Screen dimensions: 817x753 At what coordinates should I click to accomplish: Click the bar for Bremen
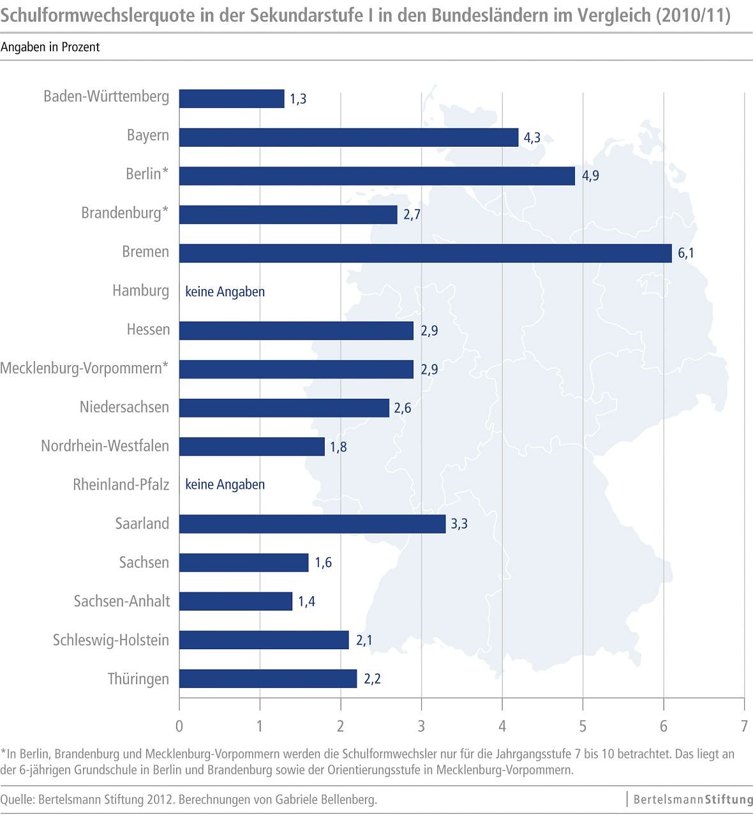tap(425, 253)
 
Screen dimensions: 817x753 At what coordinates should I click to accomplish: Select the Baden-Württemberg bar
tap(232, 99)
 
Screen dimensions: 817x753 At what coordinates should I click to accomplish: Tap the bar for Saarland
tap(312, 524)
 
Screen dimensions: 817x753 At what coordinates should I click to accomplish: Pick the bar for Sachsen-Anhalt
tap(235, 601)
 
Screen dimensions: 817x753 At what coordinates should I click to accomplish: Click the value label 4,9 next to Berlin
tap(590, 176)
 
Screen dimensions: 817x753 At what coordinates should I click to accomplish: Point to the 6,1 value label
tap(686, 253)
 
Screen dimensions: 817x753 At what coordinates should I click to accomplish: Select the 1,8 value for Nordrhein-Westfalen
tap(338, 447)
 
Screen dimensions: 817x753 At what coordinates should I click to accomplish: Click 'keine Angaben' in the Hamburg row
tap(225, 292)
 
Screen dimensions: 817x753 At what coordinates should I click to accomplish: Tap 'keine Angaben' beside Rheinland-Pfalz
tap(225, 484)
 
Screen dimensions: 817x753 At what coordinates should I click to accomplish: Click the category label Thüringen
tap(138, 678)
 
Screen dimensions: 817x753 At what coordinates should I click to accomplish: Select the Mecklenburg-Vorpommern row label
tap(84, 368)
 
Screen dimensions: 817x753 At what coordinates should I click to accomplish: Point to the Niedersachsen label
tap(124, 407)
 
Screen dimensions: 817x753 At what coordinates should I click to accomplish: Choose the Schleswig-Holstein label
tap(111, 640)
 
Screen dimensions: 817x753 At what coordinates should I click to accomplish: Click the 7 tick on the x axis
tap(744, 726)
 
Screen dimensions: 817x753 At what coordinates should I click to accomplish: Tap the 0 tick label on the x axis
tap(179, 726)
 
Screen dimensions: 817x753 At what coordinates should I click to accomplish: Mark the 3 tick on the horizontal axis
tap(421, 726)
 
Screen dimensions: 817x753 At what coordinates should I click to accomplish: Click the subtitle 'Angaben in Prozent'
tap(50, 47)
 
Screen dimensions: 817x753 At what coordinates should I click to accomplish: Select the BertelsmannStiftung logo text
tap(693, 799)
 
